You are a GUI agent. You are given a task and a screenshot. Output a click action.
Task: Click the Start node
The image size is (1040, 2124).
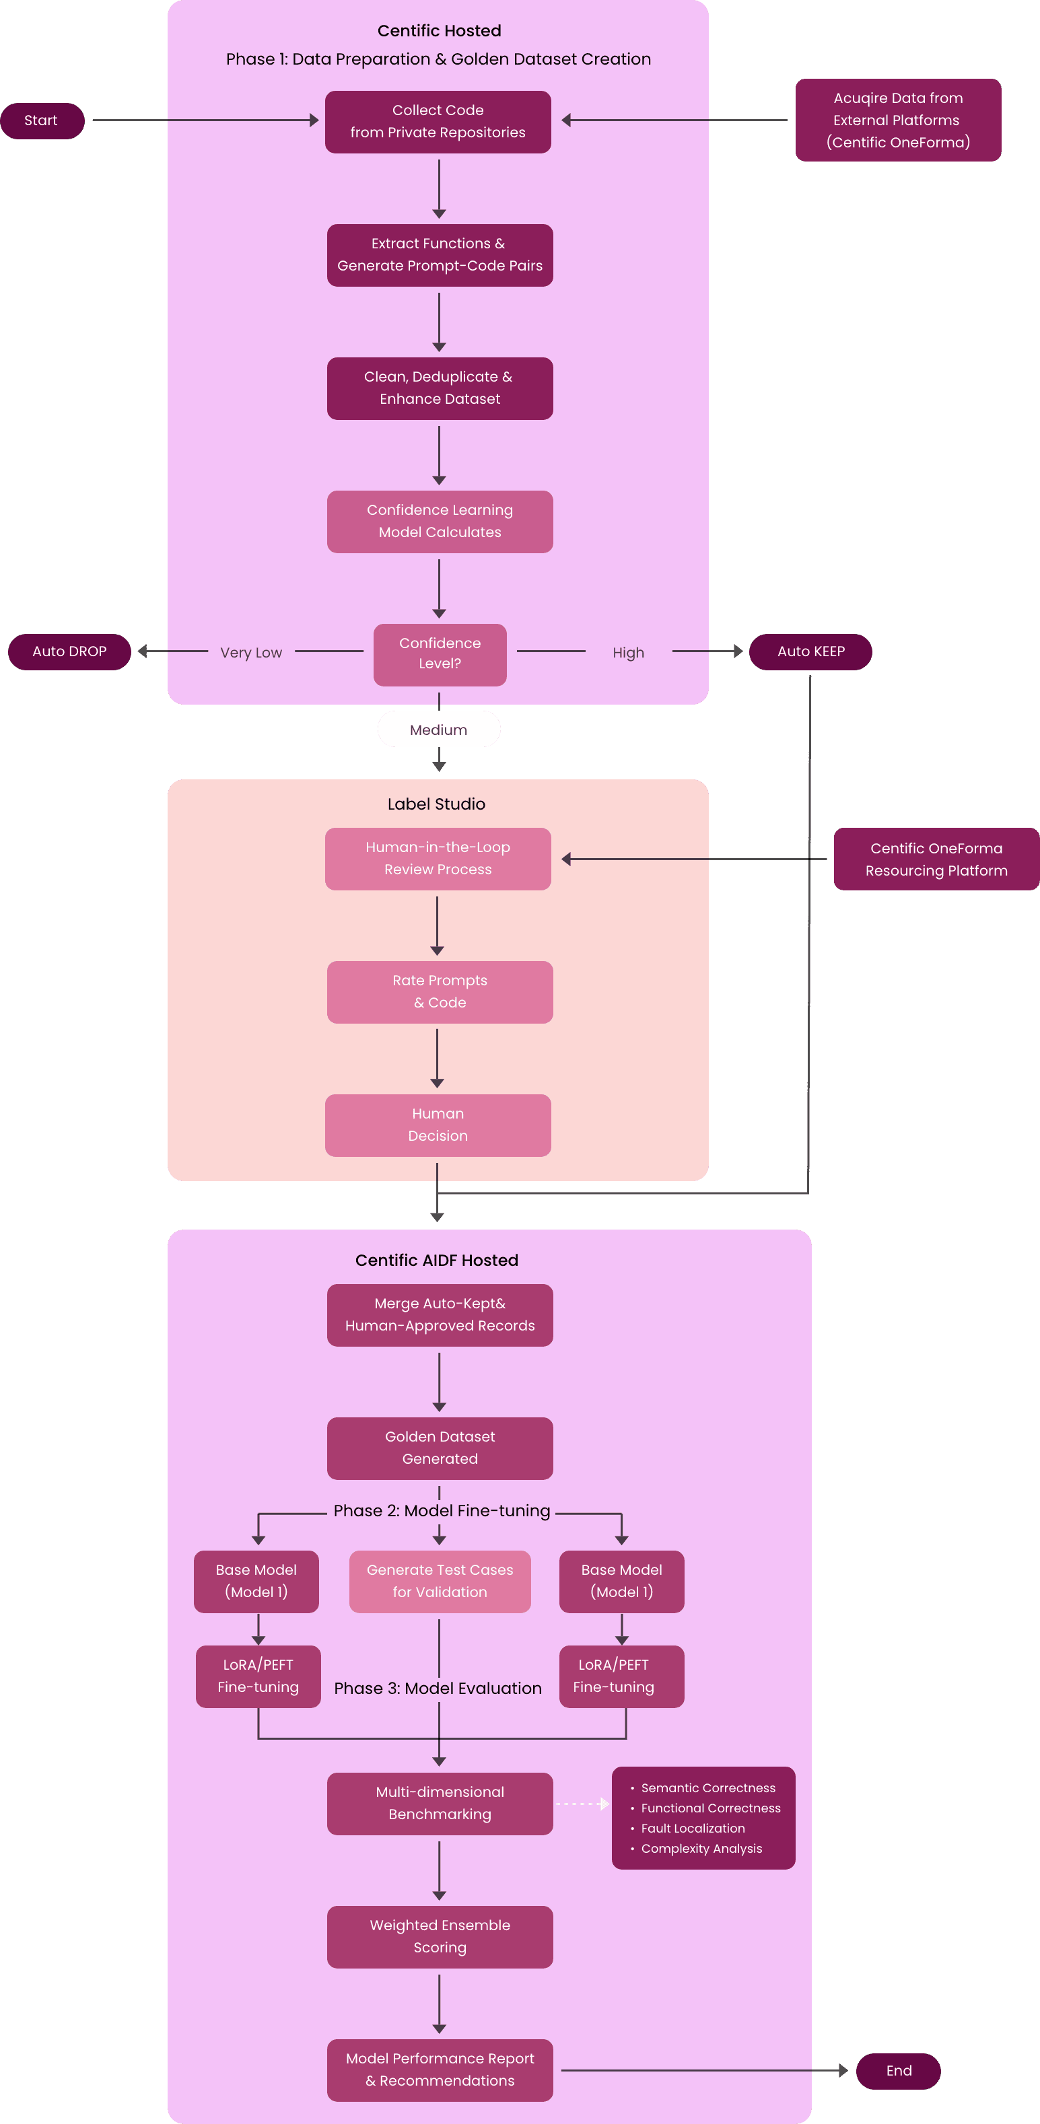[41, 120]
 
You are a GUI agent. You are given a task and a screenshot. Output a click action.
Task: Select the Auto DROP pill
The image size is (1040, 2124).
[69, 651]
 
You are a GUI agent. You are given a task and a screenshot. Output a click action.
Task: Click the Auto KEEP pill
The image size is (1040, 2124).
[810, 651]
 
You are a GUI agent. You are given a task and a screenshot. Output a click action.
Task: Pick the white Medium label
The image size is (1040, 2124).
[439, 730]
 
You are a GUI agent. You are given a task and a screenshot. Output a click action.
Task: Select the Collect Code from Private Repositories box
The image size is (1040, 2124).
[438, 122]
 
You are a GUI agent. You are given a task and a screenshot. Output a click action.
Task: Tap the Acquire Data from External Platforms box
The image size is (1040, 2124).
[897, 120]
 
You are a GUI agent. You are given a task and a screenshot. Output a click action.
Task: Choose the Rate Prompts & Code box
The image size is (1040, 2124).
[440, 992]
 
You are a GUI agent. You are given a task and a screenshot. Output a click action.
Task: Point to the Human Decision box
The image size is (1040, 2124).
[438, 1125]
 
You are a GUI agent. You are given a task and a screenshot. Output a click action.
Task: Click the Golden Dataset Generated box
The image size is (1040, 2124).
[440, 1448]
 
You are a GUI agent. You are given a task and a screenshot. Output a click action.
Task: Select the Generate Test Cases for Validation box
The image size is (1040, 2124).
[440, 1582]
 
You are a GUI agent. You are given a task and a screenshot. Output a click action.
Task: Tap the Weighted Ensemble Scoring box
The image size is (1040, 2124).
[440, 1937]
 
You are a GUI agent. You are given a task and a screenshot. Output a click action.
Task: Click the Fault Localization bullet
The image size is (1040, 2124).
[693, 1828]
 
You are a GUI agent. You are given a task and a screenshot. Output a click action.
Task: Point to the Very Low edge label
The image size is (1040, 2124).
[250, 652]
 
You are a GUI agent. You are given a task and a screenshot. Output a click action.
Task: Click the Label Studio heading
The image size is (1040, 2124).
[436, 804]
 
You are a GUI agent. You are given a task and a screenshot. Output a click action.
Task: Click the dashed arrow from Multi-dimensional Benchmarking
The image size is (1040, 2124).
[582, 1804]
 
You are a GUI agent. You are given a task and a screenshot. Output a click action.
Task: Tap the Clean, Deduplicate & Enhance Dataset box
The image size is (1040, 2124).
[440, 388]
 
